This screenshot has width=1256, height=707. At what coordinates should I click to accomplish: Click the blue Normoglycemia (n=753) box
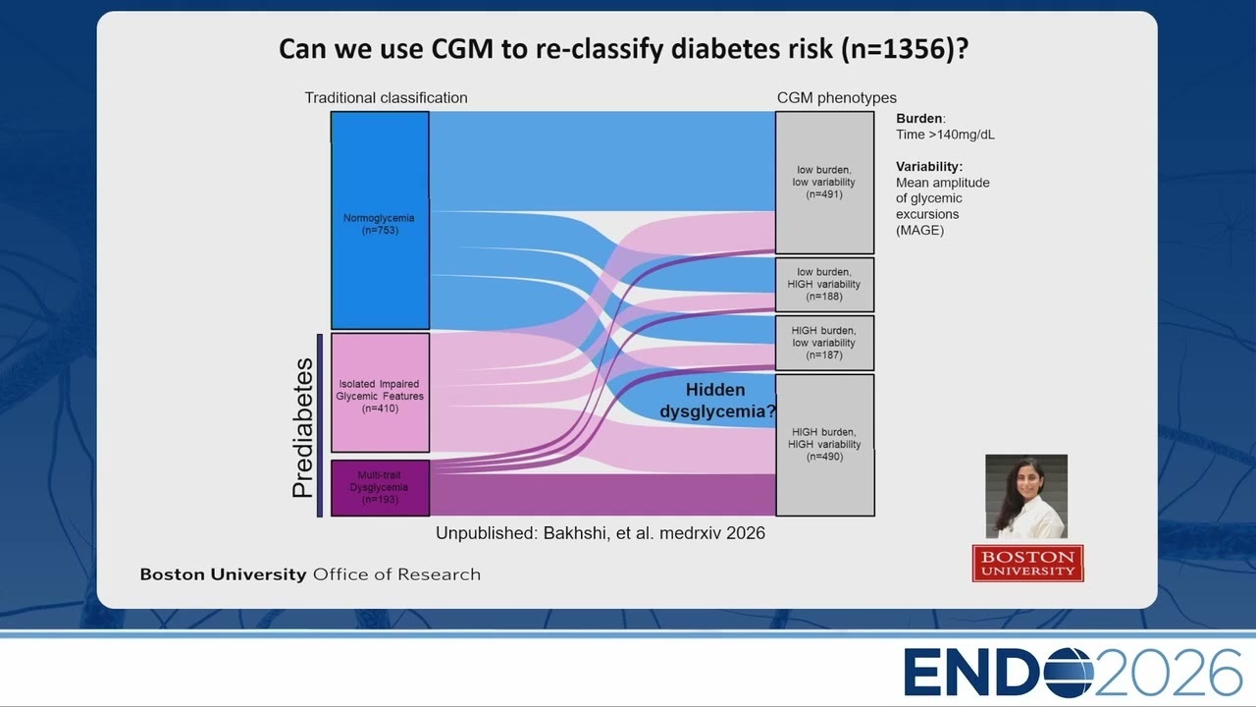point(380,220)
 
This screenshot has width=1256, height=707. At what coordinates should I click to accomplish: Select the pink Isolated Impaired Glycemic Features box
point(380,393)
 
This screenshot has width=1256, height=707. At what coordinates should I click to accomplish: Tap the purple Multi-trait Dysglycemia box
point(380,488)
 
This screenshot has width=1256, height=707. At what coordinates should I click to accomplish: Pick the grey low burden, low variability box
point(825,183)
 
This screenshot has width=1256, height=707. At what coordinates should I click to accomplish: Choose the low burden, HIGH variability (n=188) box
point(825,285)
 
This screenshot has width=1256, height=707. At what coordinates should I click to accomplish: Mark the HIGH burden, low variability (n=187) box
point(825,343)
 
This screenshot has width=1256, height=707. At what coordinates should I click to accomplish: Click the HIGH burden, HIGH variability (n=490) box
point(825,445)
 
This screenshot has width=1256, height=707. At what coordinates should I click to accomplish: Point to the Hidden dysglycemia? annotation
point(717,401)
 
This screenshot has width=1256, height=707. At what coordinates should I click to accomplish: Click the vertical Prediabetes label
point(303,428)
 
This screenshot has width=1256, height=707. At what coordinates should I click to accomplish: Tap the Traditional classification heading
point(386,97)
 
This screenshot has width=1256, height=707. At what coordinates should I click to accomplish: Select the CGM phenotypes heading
point(837,97)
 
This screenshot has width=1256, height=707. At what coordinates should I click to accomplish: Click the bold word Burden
point(919,119)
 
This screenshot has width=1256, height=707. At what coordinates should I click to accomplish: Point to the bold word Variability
point(928,167)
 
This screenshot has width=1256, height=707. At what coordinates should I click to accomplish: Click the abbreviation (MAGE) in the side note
point(919,230)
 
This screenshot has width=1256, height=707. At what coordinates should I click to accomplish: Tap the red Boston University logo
point(1027,564)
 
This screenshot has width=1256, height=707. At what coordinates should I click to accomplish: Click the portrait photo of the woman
point(1026,497)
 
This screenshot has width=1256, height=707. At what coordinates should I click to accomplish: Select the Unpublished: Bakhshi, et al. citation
point(600,533)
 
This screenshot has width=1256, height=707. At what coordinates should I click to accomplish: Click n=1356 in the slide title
point(901,49)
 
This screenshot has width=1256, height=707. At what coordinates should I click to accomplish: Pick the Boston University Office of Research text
point(310,574)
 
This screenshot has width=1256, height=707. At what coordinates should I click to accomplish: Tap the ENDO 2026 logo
point(1073,673)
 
